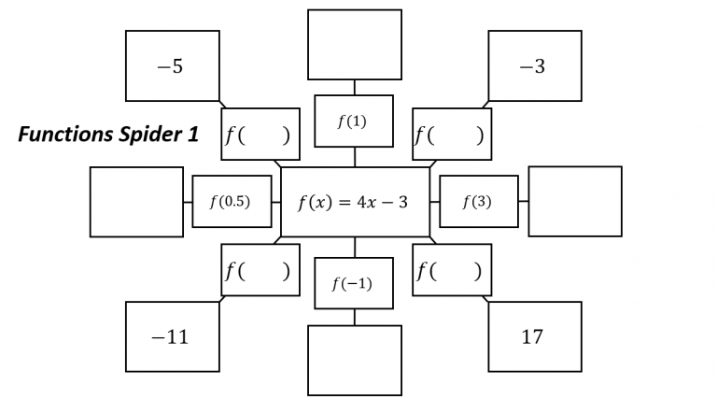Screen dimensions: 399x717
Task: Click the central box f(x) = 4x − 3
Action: tap(354, 202)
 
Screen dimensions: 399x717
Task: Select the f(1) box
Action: tap(353, 121)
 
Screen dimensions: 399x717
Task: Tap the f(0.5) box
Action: tap(232, 201)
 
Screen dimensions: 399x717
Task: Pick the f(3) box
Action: tap(478, 201)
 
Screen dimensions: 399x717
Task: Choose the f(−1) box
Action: tap(353, 283)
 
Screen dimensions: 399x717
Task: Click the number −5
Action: tap(171, 67)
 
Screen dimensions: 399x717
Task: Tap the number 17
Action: tap(532, 337)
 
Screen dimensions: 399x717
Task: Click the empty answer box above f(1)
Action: tap(354, 44)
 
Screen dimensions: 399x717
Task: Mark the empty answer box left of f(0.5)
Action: tap(136, 201)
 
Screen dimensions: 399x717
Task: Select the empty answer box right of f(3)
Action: tap(574, 201)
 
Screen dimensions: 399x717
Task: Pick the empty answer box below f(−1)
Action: tap(354, 360)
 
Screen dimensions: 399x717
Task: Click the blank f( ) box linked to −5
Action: tap(260, 135)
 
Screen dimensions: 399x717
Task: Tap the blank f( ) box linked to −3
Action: tap(452, 135)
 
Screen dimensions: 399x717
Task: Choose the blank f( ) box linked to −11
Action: tap(260, 270)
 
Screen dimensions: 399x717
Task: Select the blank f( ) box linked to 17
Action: tap(452, 270)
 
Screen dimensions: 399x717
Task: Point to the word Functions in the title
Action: tap(63, 135)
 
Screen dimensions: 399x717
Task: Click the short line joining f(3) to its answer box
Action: tap(523, 201)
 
